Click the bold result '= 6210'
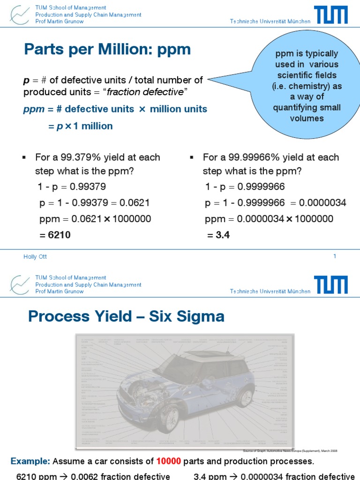(x=56, y=235)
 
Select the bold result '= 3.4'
(x=218, y=235)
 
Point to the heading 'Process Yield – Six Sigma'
(x=126, y=317)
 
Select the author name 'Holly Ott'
(x=35, y=256)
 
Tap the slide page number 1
(x=335, y=256)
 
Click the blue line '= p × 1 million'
(x=81, y=126)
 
